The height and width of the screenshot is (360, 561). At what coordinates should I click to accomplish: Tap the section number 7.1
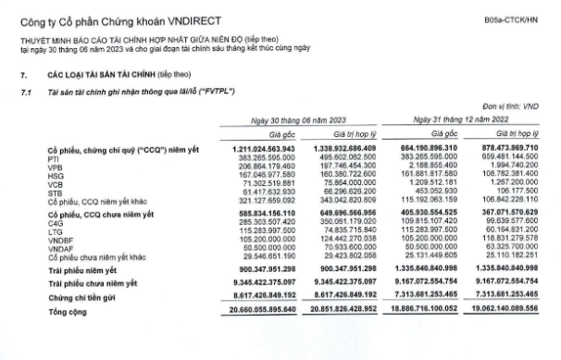(x=24, y=93)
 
